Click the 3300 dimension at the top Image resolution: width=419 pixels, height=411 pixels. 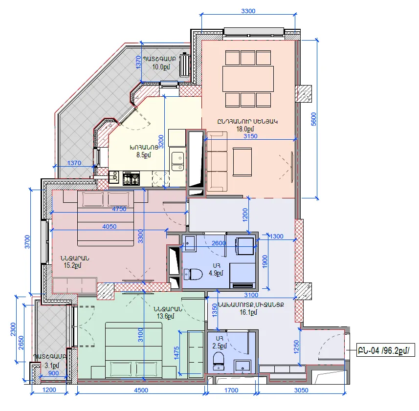(248, 11)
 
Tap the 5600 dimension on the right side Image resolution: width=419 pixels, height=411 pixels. (314, 119)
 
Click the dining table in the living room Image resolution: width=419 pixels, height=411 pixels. (248, 79)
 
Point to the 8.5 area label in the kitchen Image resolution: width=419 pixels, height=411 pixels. (144, 155)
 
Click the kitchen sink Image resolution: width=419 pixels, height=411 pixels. (177, 161)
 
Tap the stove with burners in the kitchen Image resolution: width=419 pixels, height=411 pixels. (131, 178)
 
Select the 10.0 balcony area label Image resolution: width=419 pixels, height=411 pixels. (161, 67)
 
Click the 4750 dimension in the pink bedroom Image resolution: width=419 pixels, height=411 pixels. (119, 209)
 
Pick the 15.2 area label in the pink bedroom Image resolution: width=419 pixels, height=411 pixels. (72, 265)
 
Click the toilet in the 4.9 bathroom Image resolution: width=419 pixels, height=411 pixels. (193, 274)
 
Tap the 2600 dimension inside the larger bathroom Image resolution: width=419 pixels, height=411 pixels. (219, 243)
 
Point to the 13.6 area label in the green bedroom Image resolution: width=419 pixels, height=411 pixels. (165, 316)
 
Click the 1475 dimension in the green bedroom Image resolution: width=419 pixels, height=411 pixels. (176, 353)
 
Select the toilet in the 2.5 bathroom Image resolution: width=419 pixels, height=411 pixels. (219, 361)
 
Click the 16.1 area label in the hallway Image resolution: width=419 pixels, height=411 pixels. (248, 312)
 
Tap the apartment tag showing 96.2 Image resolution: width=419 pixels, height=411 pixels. (386, 350)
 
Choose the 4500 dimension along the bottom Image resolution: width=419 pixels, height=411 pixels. (141, 390)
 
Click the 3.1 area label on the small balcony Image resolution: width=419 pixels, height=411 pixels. (52, 366)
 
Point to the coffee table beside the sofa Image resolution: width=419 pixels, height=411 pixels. (242, 162)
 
